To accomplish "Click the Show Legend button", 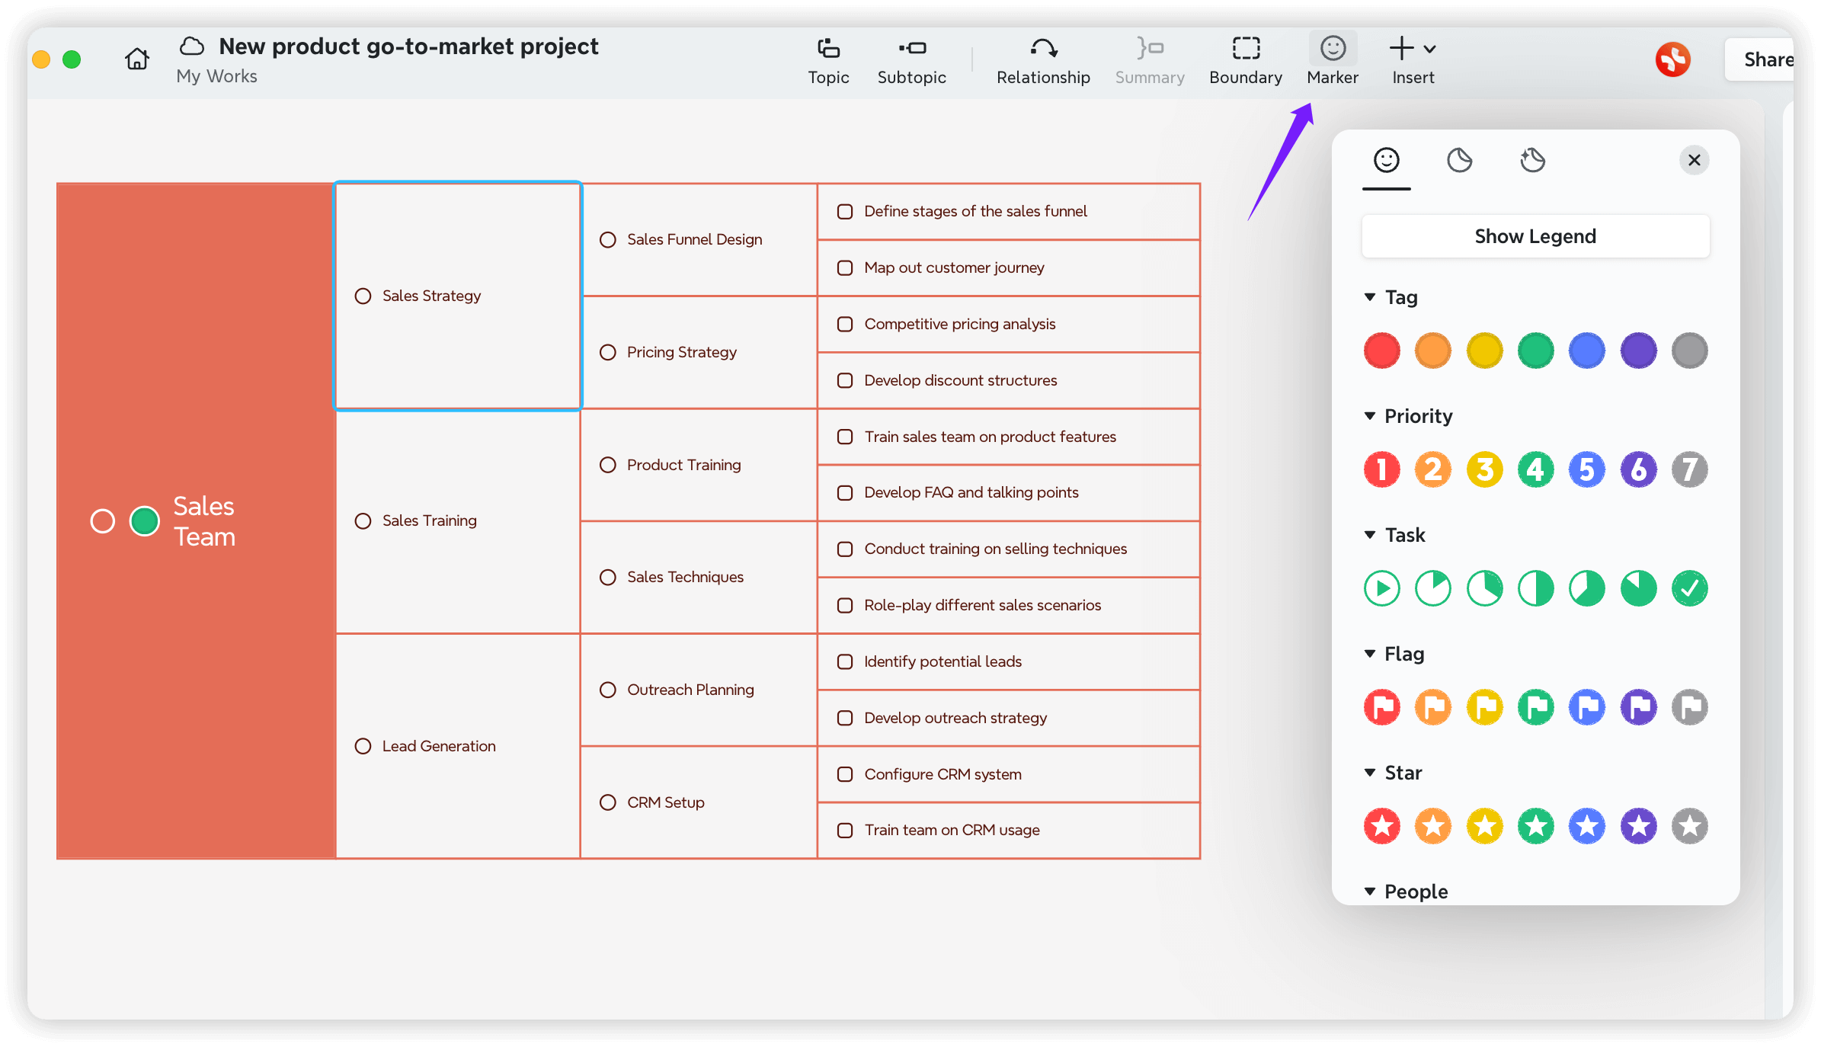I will [1535, 236].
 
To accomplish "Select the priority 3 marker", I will [1484, 469].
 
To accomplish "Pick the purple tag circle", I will [1638, 351].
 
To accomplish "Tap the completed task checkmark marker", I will [1689, 588].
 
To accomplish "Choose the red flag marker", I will [1381, 707].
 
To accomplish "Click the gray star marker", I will [1689, 826].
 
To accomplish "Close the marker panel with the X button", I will [1694, 160].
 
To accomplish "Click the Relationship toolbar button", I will [1043, 61].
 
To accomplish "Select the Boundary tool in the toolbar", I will [1246, 61].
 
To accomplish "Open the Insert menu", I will [1413, 61].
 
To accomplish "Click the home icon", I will [137, 59].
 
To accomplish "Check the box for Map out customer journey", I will [844, 267].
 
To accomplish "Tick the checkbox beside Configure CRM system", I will [844, 774].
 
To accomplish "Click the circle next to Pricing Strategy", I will [607, 352].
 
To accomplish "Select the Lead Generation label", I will [439, 746].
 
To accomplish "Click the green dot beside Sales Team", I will [145, 521].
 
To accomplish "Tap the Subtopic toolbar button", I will [911, 61].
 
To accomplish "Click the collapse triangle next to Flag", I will [1369, 654].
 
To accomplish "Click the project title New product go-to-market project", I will [408, 46].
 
